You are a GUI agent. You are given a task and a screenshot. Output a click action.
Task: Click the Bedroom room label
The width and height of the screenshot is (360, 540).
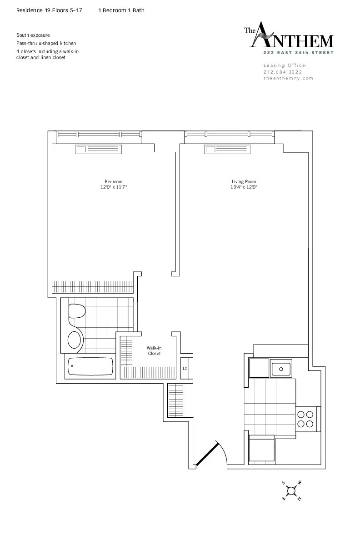tap(113, 182)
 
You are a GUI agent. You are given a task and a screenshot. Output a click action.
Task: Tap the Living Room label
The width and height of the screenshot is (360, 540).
tap(241, 182)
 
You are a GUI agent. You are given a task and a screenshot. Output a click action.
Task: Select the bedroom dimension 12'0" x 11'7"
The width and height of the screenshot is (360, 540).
tap(114, 187)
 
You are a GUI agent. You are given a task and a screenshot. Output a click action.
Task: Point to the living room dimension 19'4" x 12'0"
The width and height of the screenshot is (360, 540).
tap(241, 187)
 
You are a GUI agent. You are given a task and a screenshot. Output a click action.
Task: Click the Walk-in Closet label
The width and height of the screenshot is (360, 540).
tap(154, 350)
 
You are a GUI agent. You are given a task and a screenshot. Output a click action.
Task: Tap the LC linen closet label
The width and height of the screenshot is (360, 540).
tap(185, 368)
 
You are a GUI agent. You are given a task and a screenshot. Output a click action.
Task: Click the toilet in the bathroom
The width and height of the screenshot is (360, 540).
tap(77, 312)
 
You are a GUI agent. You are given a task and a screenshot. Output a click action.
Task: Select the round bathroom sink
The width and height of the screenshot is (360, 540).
tap(75, 339)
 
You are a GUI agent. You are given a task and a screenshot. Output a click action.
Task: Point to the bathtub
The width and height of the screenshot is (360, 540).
tap(90, 366)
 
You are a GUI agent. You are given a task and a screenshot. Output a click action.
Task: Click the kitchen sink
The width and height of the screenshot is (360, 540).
tap(281, 368)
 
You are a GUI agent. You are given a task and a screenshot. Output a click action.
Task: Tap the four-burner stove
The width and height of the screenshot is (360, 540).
tap(305, 419)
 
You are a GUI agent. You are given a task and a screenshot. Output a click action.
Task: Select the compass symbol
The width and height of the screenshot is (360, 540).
tap(291, 490)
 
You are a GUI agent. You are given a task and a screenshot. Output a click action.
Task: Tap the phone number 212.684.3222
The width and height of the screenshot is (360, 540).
tap(282, 72)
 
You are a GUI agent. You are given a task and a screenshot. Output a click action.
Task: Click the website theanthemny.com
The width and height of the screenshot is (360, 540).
tap(288, 78)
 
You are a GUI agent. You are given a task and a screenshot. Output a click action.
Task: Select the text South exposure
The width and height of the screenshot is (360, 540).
tap(33, 35)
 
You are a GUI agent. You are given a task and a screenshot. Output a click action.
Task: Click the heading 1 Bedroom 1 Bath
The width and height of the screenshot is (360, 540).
tap(121, 10)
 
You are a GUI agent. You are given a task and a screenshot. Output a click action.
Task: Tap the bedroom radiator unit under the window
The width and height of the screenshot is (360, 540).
tap(99, 149)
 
